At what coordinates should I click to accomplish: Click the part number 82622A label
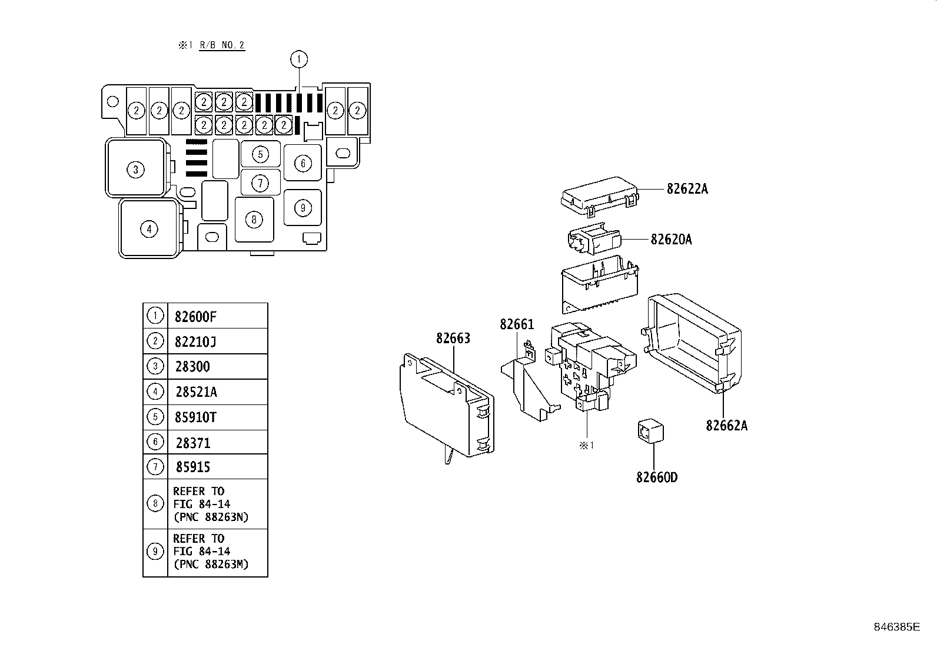687,189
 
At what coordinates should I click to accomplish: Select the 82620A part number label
671,240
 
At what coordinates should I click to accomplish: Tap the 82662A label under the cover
726,425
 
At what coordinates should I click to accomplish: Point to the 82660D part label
656,477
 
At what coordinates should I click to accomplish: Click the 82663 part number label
453,339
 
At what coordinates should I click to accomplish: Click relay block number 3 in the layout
135,170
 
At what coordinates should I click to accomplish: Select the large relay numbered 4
149,228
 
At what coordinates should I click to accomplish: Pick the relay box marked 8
254,220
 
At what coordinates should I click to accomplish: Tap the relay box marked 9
303,207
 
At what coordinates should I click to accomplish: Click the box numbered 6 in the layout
303,163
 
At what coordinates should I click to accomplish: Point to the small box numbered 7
260,183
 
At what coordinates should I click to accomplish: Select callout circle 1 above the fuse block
299,59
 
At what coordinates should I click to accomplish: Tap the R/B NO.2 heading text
221,45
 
